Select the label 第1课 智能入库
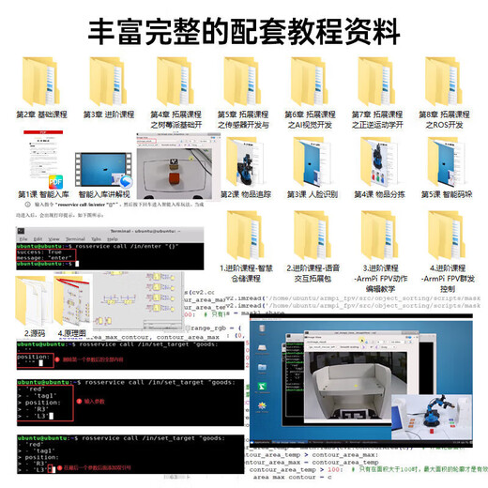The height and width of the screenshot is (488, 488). pyautogui.click(x=41, y=194)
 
